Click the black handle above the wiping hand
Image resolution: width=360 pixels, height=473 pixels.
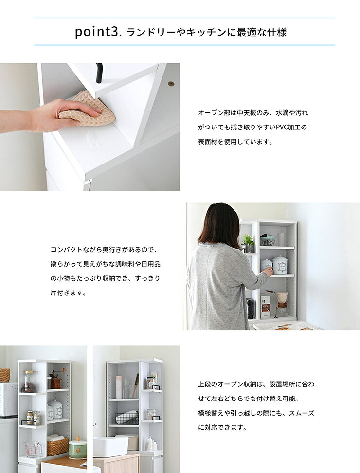point(99,73)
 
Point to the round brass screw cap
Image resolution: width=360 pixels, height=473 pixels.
point(171,84)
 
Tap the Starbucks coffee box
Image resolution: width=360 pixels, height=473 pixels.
point(265,306)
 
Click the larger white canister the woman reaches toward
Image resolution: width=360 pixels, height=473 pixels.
point(280,265)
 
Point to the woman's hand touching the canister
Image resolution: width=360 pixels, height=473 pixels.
point(269,272)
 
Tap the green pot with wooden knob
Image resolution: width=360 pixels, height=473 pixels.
point(78,450)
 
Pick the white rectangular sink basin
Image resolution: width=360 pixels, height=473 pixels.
point(110,446)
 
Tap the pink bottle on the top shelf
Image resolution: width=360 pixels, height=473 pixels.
point(119,387)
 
